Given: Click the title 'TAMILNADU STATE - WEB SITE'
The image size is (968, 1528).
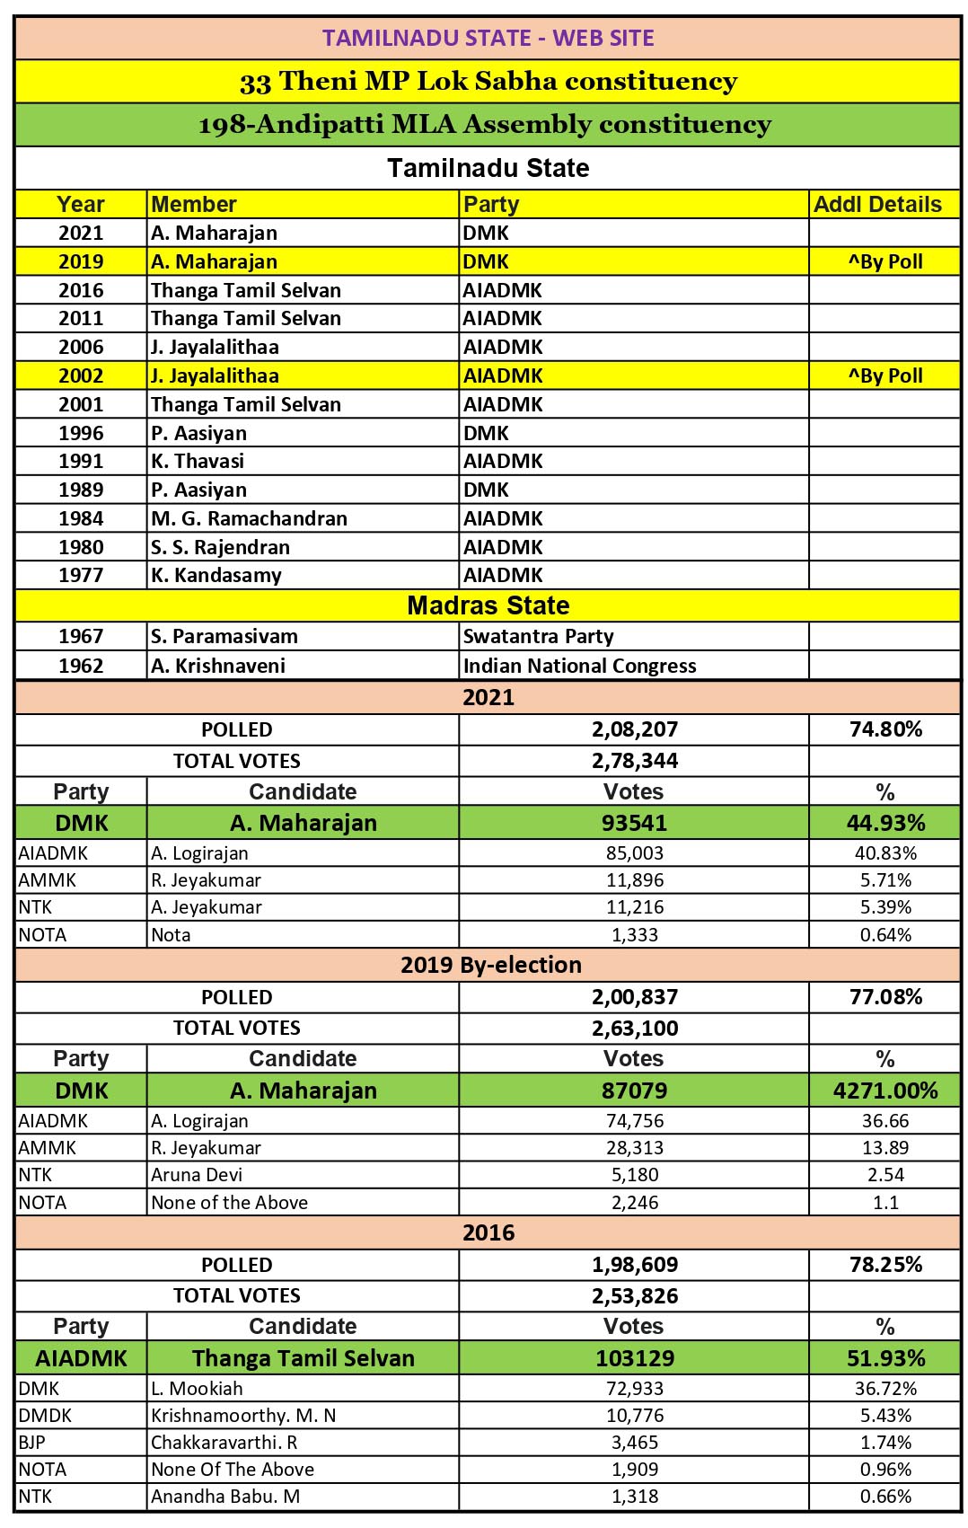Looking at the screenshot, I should click(x=488, y=38).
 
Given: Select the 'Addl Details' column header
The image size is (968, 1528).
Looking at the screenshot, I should click(x=877, y=204).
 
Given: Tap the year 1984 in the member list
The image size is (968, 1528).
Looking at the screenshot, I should click(x=81, y=518).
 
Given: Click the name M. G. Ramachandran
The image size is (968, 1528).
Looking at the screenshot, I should click(x=249, y=518).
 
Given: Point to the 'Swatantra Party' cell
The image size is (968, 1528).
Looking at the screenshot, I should click(x=538, y=636).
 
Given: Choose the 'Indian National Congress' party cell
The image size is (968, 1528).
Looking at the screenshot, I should click(x=579, y=666).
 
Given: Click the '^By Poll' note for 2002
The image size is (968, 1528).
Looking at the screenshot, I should click(x=885, y=375).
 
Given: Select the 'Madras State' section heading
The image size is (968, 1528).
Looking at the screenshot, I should click(x=488, y=605).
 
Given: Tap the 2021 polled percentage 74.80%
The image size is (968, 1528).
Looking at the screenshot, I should click(x=885, y=729).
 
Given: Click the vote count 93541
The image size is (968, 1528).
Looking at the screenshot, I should click(x=634, y=823).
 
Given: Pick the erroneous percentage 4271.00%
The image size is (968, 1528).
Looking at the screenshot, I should click(x=885, y=1091).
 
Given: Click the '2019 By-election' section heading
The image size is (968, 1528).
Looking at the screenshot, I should click(x=490, y=965).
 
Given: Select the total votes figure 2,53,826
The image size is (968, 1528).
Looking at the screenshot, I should click(x=634, y=1295).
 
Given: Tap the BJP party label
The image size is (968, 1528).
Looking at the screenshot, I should click(x=31, y=1442).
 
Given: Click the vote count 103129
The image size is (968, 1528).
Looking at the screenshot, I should click(x=634, y=1358).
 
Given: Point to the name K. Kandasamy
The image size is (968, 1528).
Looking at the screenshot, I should click(x=216, y=575).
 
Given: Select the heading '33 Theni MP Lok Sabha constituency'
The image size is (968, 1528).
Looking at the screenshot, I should click(x=488, y=81).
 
